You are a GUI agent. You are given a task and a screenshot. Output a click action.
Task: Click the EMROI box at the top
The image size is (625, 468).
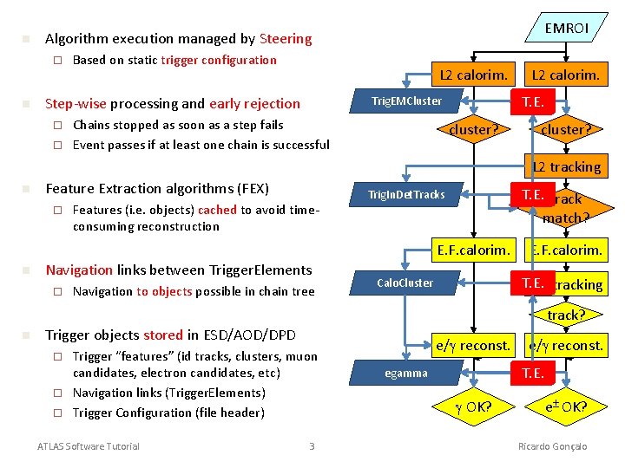click(566, 29)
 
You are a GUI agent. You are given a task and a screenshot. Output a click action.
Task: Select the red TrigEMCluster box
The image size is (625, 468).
click(406, 101)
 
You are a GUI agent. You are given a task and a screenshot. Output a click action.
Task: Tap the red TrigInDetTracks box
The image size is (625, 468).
click(406, 194)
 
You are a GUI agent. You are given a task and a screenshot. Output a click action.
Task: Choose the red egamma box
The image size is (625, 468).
click(406, 374)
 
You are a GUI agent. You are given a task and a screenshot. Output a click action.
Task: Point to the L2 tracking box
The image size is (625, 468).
click(566, 166)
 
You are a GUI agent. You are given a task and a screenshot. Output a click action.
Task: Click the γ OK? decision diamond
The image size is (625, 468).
click(473, 406)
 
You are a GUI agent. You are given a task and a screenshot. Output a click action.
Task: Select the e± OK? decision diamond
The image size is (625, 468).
click(565, 406)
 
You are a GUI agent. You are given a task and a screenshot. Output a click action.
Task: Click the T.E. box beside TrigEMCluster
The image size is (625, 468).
click(533, 101)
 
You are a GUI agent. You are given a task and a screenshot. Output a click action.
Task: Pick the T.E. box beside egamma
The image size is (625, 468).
click(533, 374)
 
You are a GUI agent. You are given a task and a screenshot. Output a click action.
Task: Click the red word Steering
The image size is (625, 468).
click(285, 39)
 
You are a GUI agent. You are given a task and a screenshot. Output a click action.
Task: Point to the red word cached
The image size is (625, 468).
click(217, 210)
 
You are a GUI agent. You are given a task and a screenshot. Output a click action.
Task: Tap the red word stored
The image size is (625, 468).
click(163, 335)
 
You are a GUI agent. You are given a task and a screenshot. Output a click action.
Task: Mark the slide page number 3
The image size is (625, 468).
click(312, 446)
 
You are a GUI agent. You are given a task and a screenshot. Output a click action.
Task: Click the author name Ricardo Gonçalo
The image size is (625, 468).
click(552, 446)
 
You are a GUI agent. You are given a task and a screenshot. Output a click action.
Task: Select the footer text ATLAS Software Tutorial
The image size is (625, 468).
click(88, 446)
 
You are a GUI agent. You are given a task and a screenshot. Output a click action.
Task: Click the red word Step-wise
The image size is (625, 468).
click(76, 104)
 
